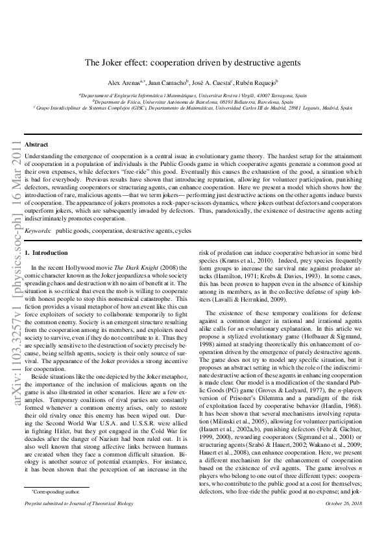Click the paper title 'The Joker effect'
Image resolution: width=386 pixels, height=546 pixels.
(x=193, y=63)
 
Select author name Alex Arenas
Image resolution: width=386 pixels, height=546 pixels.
(x=124, y=83)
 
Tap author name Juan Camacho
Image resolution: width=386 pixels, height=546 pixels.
(x=168, y=83)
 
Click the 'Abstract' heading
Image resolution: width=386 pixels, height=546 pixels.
(x=36, y=144)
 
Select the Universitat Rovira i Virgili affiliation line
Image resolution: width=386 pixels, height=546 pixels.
(x=193, y=95)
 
